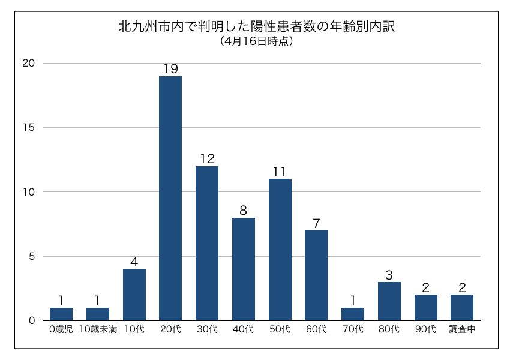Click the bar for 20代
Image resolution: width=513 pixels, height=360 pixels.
[170, 198]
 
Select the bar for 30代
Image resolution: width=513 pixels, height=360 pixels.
[207, 243]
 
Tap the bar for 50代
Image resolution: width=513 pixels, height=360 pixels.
[280, 250]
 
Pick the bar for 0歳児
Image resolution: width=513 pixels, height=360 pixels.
[61, 314]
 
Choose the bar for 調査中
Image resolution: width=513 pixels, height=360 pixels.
[462, 307]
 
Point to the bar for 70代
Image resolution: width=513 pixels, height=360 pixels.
[353, 314]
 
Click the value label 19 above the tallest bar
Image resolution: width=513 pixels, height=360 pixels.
[170, 68]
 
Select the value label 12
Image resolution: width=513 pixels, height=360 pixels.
[207, 159]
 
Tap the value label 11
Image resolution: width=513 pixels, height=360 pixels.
[280, 172]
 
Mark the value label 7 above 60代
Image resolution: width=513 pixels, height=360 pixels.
[316, 223]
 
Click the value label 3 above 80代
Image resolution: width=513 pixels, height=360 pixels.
[389, 275]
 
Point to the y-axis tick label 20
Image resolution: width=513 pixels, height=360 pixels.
[29, 63]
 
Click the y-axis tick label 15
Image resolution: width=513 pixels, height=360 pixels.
[29, 128]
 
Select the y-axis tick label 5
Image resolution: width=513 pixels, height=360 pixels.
[32, 256]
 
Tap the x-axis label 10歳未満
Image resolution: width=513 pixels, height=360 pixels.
[98, 329]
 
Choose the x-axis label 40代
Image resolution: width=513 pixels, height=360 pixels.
[244, 329]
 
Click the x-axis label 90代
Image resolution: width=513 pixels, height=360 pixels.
[425, 329]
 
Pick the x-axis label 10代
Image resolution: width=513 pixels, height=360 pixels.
[134, 329]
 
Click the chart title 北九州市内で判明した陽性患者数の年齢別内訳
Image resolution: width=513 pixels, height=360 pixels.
[256, 28]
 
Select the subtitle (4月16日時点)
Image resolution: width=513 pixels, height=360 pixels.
[256, 41]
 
